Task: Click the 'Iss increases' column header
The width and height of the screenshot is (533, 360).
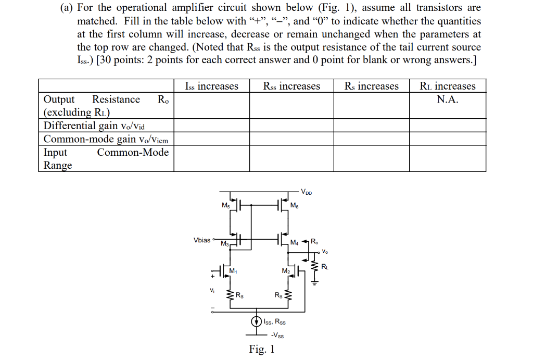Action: point(211,86)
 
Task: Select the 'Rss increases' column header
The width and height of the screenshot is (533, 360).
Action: point(291,86)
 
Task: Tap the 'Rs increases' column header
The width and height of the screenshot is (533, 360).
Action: point(371,86)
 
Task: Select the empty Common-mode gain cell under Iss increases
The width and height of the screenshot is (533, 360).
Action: point(211,139)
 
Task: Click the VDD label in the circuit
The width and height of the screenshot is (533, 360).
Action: point(307,192)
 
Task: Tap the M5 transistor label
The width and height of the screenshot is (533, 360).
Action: point(225,205)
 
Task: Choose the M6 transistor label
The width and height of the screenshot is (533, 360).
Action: point(294,206)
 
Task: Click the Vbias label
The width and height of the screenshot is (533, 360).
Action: point(202,240)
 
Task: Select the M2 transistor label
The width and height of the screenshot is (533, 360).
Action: point(285,271)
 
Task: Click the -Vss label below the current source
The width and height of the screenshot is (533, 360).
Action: point(277,335)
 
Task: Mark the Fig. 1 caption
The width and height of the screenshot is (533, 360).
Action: point(261,349)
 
